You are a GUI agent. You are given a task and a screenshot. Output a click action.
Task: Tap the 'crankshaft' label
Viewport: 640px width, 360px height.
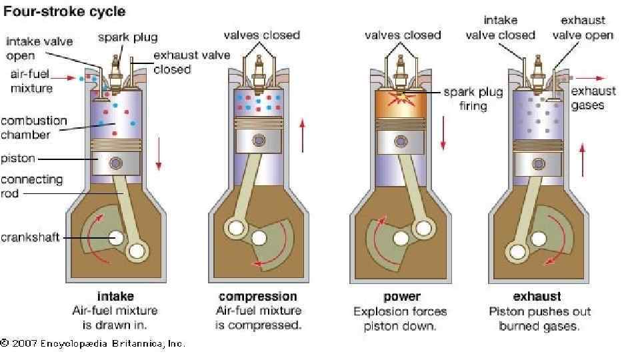(x=30, y=237)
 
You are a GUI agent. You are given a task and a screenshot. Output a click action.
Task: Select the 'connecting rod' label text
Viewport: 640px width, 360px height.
(x=31, y=186)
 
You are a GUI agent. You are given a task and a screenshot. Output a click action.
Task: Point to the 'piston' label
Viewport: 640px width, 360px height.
(x=18, y=159)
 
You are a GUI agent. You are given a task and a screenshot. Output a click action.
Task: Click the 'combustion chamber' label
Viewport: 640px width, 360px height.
(x=33, y=128)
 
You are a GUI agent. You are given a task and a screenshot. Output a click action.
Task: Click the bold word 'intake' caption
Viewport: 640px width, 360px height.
(x=115, y=296)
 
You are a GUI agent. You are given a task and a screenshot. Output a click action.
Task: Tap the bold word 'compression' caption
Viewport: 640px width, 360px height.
(x=257, y=296)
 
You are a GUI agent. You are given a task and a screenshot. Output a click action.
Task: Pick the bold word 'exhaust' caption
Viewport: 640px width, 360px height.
(x=537, y=296)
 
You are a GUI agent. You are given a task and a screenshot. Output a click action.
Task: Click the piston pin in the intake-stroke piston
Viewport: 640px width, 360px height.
(x=116, y=163)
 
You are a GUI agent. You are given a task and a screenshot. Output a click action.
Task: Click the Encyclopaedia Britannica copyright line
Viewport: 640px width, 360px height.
(x=93, y=343)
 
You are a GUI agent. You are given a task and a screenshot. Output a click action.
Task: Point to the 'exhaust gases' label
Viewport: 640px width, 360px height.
(x=593, y=98)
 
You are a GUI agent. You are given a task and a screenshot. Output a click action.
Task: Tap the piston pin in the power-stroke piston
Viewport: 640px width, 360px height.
(x=401, y=141)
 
